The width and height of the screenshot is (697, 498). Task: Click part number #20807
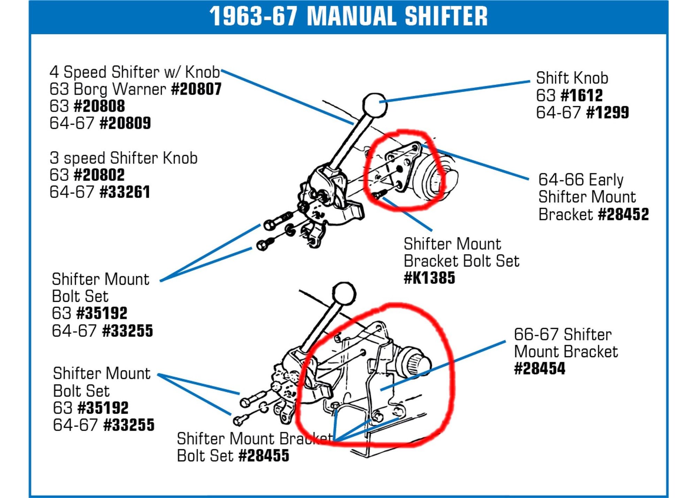point(196,89)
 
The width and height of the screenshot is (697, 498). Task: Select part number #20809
point(125,123)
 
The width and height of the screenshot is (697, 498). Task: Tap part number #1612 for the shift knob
point(582,95)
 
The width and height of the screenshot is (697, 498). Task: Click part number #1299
point(607,113)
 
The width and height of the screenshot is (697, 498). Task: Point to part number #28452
point(623,214)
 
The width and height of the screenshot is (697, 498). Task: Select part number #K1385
point(429,278)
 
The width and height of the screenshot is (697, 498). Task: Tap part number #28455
point(264,456)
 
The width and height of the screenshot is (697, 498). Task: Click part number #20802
point(99,175)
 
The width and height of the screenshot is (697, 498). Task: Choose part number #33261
point(125,192)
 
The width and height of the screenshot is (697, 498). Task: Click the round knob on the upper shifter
point(375,105)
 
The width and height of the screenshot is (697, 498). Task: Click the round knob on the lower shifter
point(344,293)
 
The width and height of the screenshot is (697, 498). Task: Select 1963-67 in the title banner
point(253,16)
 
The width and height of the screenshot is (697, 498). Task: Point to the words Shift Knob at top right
point(572,78)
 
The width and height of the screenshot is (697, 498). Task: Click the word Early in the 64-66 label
point(606,180)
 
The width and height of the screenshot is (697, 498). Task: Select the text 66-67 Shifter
point(562,335)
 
